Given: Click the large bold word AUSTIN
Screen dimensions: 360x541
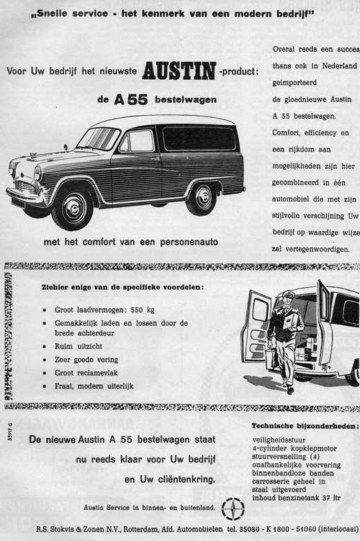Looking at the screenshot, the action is point(179,71).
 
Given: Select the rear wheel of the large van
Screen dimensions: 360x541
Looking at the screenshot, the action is point(201,198).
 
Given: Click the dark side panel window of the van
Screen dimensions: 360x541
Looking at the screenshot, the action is point(199,139).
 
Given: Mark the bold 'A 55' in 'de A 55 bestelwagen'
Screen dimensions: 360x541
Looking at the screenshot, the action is point(132,100).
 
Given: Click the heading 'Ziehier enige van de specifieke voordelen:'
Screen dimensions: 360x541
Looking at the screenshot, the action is point(122,288).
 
